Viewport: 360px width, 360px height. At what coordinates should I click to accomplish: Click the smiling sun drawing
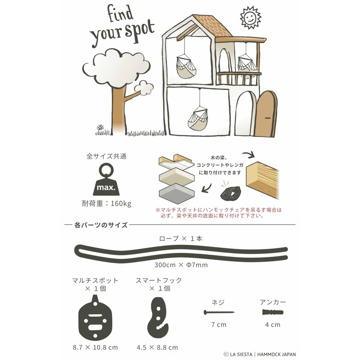click(x=251, y=18)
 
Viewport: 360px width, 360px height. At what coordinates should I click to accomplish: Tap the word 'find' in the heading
click(x=120, y=13)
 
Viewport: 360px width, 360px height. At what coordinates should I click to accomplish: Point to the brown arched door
click(x=266, y=114)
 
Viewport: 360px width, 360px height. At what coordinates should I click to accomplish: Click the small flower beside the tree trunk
click(x=100, y=128)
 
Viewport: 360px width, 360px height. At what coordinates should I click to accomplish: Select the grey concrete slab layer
click(x=176, y=193)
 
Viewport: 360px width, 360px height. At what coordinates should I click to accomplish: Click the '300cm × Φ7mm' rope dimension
click(x=181, y=265)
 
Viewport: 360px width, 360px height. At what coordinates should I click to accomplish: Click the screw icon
click(x=219, y=312)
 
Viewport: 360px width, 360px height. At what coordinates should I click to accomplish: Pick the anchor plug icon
click(x=273, y=312)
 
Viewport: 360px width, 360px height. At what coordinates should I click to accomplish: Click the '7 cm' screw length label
click(x=219, y=324)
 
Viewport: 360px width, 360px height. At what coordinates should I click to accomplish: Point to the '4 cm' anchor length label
click(x=273, y=324)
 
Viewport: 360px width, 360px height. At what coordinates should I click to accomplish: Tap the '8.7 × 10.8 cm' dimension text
click(x=95, y=347)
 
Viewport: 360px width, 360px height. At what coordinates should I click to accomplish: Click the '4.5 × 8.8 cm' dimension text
click(x=157, y=347)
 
